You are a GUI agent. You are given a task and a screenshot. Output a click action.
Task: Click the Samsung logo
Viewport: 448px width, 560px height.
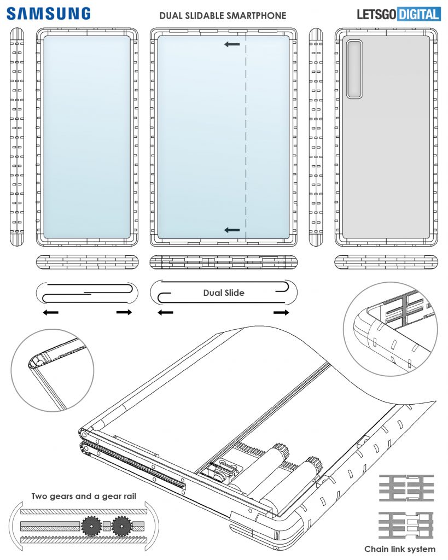click(x=49, y=13)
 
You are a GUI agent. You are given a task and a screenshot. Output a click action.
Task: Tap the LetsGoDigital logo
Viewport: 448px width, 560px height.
click(x=398, y=14)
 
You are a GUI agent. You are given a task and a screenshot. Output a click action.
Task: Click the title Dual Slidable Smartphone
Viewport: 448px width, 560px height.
click(x=223, y=16)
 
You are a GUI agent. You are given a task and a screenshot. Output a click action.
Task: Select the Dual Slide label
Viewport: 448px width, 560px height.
click(x=224, y=293)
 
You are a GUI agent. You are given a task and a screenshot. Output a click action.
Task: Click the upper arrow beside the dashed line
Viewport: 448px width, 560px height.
click(x=232, y=44)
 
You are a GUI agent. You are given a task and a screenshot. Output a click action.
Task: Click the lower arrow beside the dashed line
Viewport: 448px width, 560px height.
click(x=232, y=231)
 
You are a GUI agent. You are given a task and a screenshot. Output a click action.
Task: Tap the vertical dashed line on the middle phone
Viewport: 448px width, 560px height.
click(x=246, y=137)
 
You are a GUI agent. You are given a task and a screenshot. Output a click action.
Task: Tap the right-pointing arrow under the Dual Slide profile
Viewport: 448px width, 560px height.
click(x=282, y=312)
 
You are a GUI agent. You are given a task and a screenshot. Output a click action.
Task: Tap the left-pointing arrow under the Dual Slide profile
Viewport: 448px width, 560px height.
click(x=165, y=312)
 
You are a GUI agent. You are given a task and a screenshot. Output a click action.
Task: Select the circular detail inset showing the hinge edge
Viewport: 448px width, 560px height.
click(x=53, y=370)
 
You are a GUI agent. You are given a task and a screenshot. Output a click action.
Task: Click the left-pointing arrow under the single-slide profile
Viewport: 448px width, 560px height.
click(x=51, y=312)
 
